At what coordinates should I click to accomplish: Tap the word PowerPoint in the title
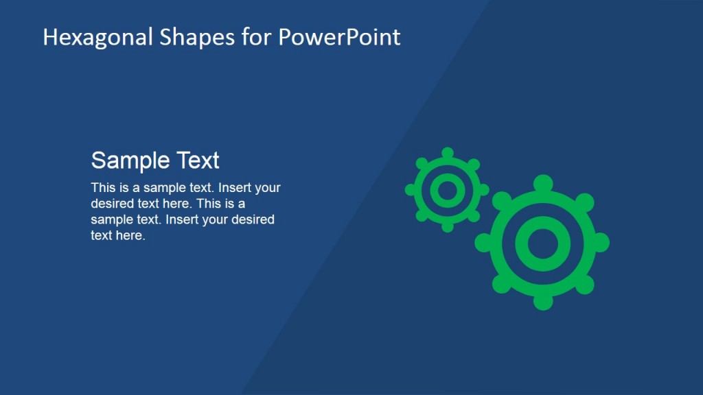point(339,37)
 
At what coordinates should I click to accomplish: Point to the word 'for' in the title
point(257,37)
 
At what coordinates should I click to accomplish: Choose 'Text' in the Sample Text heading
point(198,160)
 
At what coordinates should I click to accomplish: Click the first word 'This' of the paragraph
point(102,188)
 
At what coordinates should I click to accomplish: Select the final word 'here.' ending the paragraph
point(132,236)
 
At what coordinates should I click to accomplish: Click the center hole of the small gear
point(448,190)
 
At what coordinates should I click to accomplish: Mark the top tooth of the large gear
point(543,183)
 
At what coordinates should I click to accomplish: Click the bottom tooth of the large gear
point(543,301)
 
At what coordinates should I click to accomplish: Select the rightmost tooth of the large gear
point(601,242)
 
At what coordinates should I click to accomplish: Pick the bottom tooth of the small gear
point(448,226)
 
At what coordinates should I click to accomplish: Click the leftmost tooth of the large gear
point(483,242)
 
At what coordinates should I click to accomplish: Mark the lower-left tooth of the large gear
point(502,284)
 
